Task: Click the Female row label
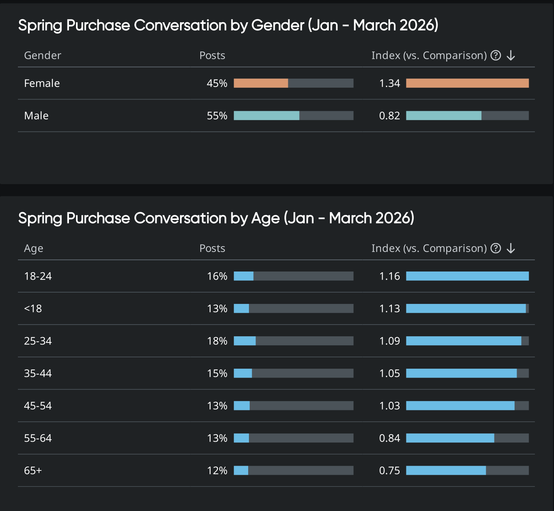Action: pos(42,83)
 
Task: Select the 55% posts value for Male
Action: pos(217,115)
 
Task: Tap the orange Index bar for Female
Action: pos(467,83)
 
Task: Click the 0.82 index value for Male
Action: pos(389,115)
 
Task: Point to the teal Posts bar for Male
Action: pos(266,115)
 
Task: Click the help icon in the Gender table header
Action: pos(496,55)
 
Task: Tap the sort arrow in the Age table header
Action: pos(511,248)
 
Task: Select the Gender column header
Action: pos(42,55)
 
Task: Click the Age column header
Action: pos(34,248)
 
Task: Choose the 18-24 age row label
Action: pos(38,276)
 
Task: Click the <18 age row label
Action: pos(33,309)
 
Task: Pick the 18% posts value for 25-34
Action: pos(217,341)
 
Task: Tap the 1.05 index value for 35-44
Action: pos(389,373)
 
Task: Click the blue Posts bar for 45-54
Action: pos(242,406)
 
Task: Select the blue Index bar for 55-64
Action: pos(450,438)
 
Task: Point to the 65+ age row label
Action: pos(33,470)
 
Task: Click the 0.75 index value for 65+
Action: pos(389,470)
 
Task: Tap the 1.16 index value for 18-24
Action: pos(389,276)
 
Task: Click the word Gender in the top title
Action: pos(277,25)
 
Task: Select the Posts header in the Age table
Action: pos(212,248)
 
